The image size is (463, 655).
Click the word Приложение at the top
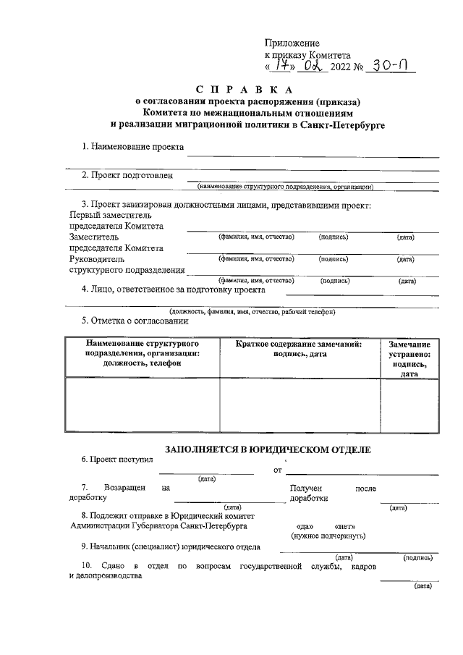(292, 43)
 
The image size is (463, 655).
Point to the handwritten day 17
(279, 66)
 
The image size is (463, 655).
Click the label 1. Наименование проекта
(132, 147)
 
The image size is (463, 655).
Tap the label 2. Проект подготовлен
(127, 175)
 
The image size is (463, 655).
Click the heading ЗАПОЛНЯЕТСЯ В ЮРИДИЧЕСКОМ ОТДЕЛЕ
(268, 449)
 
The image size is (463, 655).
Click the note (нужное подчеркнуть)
(328, 536)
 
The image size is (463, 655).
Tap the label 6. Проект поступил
(117, 460)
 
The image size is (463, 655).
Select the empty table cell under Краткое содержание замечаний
(300, 405)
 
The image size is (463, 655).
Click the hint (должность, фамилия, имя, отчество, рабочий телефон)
(252, 312)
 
